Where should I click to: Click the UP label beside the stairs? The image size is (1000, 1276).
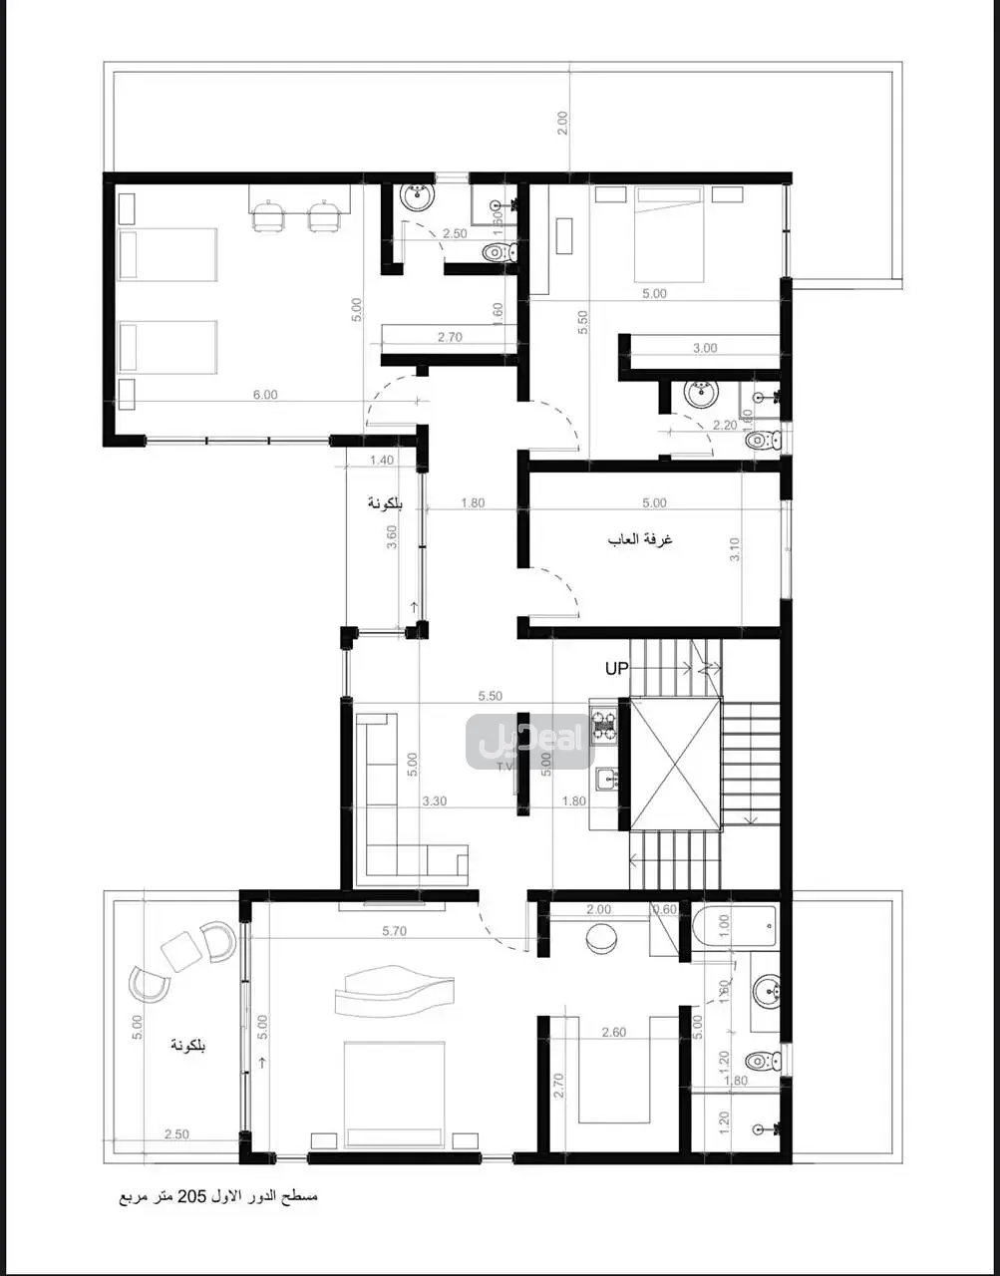point(617,669)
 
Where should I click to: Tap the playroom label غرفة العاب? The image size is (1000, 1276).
point(640,539)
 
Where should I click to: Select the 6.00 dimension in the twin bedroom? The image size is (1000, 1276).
point(265,395)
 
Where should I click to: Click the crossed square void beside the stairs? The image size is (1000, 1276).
point(675,764)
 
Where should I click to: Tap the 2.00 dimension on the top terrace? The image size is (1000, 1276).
point(562,123)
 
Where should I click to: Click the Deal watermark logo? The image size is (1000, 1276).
point(529,741)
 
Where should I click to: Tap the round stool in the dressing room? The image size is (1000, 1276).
point(602,940)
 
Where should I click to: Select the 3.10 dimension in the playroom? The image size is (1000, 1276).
point(735,549)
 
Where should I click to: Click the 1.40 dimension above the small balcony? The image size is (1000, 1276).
point(382,460)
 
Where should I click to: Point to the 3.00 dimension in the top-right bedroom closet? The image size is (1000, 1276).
point(705,348)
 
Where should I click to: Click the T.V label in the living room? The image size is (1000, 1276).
point(505,767)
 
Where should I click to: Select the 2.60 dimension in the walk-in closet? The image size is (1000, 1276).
point(614,1032)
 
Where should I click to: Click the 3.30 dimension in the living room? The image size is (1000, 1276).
point(434,800)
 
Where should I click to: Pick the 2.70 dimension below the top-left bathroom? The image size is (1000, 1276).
point(450,337)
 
